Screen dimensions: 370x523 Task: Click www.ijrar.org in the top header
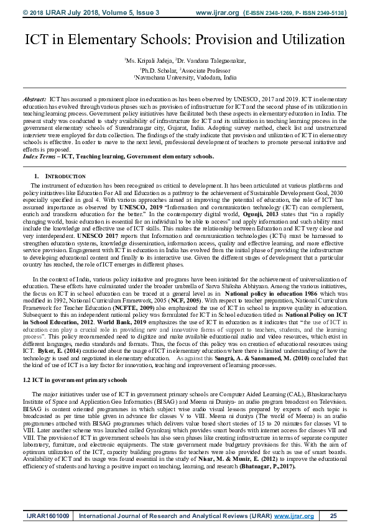(217, 12)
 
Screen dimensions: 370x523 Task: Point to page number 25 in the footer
(333, 515)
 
